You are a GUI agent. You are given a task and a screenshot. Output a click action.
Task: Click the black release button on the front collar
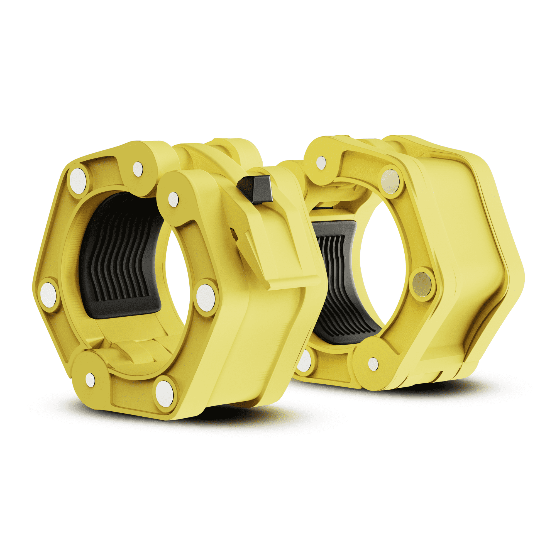click(x=256, y=189)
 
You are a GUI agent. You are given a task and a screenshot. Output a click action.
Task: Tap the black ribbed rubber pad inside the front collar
click(x=121, y=260)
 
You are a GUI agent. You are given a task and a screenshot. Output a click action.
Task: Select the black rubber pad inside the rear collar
click(x=337, y=277)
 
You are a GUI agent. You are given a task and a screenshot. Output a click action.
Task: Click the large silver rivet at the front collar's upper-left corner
click(x=78, y=181)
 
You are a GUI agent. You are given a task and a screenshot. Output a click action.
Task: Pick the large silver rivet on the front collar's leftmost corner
click(x=48, y=294)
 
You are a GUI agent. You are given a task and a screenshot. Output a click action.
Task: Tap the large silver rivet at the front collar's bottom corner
click(x=165, y=394)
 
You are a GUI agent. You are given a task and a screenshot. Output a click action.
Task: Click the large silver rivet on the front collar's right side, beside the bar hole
click(x=206, y=297)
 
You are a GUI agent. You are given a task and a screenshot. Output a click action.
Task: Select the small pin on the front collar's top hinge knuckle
click(x=138, y=169)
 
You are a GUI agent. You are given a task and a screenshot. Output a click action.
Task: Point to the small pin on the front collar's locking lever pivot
click(x=173, y=199)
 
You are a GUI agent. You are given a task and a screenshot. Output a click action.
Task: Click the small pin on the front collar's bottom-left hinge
click(x=90, y=380)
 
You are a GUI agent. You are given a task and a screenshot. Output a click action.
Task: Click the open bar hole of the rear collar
click(x=383, y=260)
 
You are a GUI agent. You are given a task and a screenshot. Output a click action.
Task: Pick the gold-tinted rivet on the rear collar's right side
click(x=422, y=284)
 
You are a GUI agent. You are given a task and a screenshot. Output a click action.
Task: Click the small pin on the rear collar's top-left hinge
click(x=321, y=163)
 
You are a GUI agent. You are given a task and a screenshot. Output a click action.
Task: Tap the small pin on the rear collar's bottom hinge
click(x=373, y=364)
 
